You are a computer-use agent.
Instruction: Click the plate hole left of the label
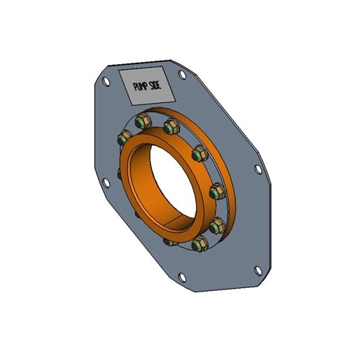click(106, 82)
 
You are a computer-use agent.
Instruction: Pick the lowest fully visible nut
click(197, 246)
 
